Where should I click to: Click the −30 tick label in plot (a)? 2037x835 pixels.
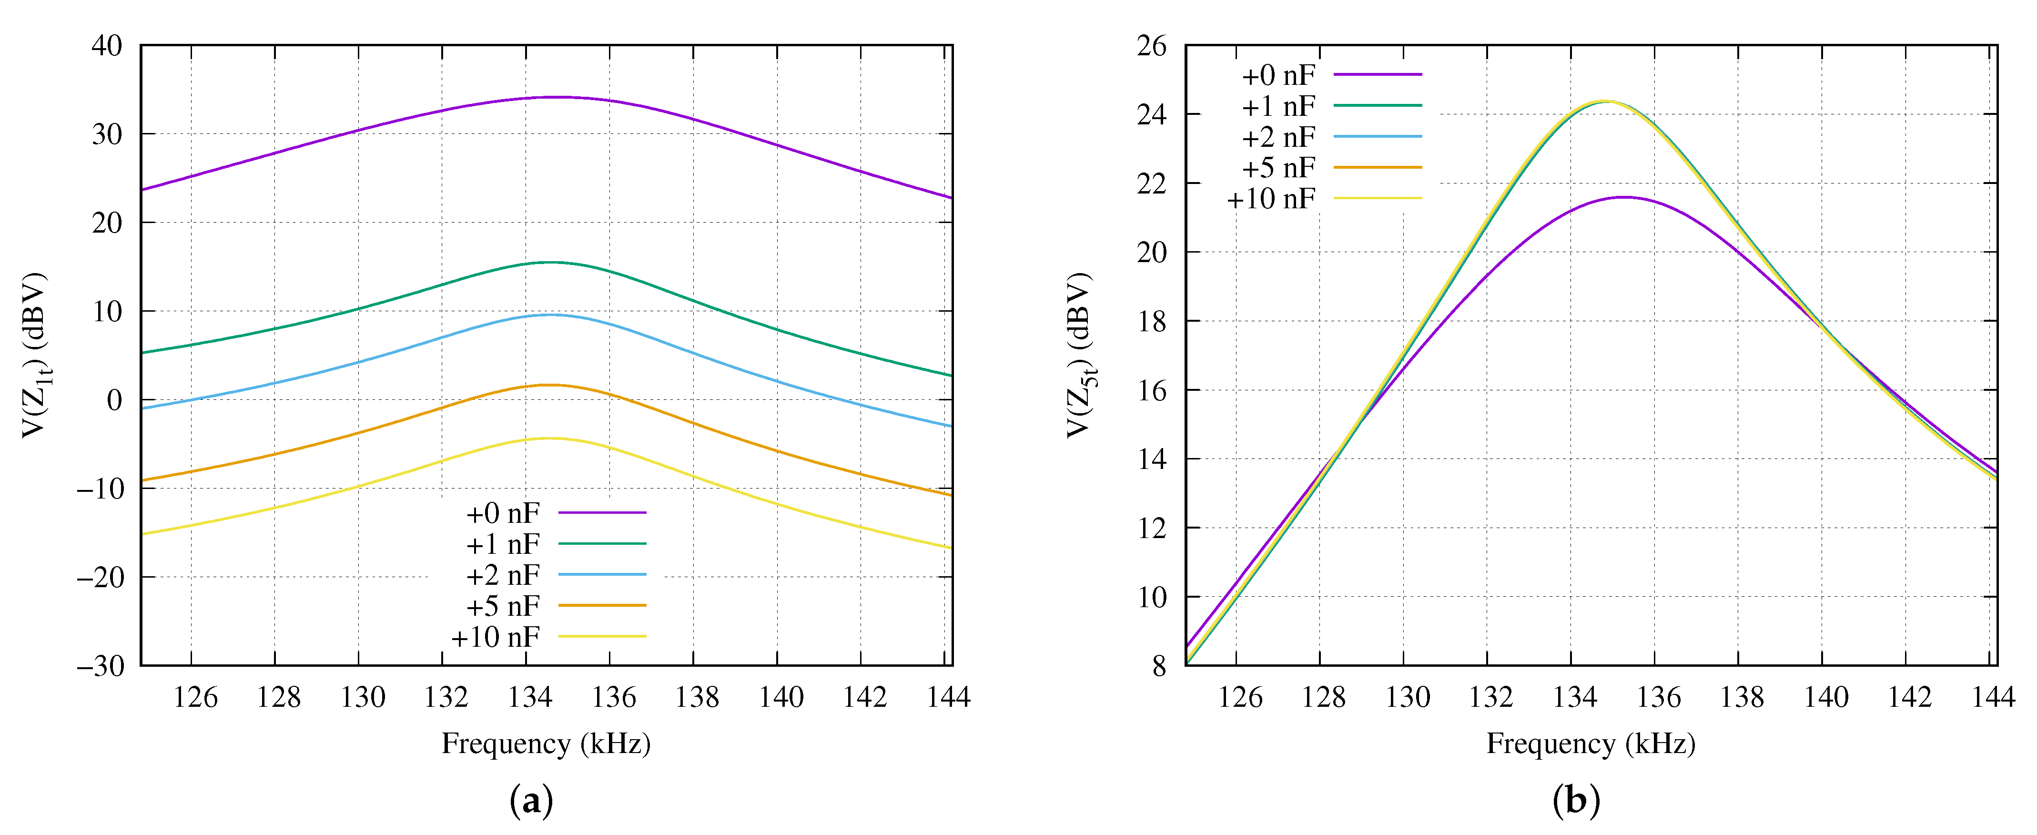(101, 666)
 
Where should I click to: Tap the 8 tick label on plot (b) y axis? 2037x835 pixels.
(1159, 666)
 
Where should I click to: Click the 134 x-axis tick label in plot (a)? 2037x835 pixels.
(530, 697)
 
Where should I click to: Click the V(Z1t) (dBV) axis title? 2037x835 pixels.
(36, 356)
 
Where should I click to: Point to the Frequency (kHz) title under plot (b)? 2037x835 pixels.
(1591, 744)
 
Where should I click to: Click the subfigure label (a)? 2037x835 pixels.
(531, 801)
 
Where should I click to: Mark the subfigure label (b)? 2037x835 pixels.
(1576, 801)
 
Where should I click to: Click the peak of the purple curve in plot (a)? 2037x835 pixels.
(557, 97)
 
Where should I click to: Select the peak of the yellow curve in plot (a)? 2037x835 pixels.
(547, 438)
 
